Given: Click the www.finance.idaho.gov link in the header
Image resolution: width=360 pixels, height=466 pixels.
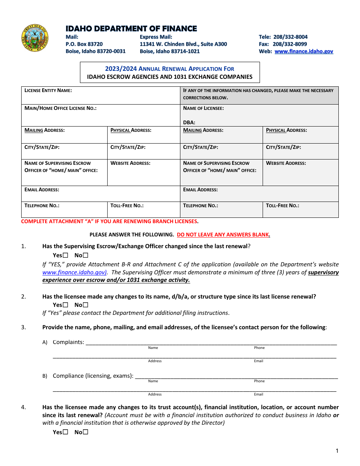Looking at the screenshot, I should pyautogui.click(x=304, y=52).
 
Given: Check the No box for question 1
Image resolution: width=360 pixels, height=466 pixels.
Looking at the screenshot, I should pyautogui.click(x=86, y=255).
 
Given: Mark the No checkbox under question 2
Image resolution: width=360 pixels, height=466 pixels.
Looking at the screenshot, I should pyautogui.click(x=86, y=305).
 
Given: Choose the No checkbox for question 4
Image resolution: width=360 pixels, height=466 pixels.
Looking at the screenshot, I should pyautogui.click(x=86, y=432).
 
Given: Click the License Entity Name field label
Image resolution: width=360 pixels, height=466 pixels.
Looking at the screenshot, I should pyautogui.click(x=48, y=91).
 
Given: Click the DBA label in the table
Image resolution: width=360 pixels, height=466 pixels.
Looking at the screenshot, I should pyautogui.click(x=189, y=122).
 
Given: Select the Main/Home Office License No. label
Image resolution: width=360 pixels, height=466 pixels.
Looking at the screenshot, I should pyautogui.click(x=60, y=108).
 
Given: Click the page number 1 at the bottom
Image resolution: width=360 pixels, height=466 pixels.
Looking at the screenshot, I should pyautogui.click(x=337, y=451).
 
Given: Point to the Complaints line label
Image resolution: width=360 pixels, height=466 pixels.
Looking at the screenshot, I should pyautogui.click(x=68, y=342).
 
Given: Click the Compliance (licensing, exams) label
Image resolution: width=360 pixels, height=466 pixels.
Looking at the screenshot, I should pyautogui.click(x=93, y=376).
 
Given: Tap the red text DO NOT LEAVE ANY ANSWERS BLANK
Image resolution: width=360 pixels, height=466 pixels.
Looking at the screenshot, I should pyautogui.click(x=223, y=235).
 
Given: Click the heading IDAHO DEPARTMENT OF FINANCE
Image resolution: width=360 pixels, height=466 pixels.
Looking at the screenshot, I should pyautogui.click(x=131, y=29).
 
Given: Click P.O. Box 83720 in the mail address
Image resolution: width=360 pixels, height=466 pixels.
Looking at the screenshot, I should pyautogui.click(x=84, y=44).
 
